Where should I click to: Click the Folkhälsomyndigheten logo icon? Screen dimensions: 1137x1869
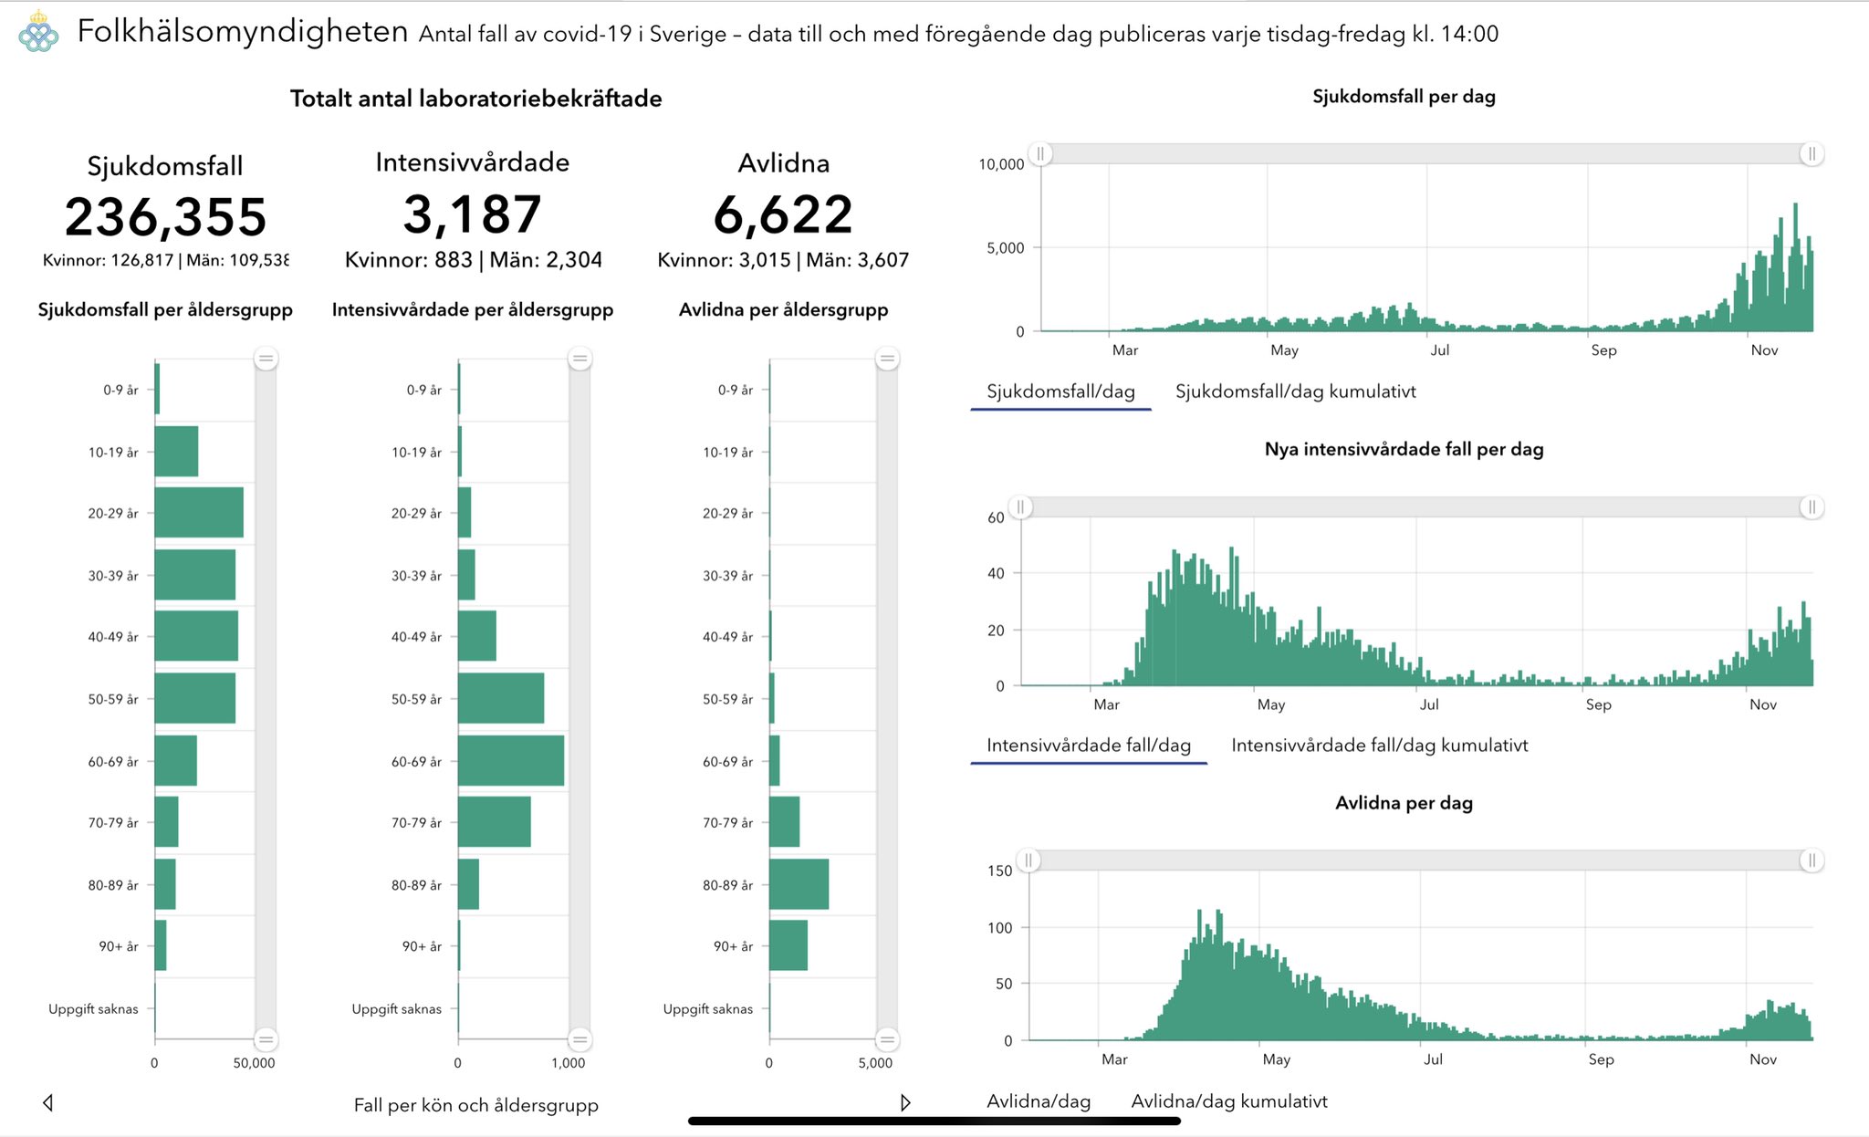point(38,32)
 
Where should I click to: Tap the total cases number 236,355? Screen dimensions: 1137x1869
point(165,217)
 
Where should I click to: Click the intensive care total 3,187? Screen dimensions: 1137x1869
point(473,214)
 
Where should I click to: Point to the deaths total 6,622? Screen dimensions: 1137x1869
point(783,215)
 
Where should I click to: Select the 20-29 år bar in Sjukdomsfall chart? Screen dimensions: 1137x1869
point(199,513)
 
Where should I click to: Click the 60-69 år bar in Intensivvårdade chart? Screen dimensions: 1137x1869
point(511,761)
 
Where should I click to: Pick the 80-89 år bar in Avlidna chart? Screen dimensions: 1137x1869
point(799,884)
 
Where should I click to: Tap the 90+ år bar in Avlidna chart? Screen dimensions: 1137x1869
point(788,945)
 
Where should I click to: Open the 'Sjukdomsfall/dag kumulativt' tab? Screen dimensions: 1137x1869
point(1295,391)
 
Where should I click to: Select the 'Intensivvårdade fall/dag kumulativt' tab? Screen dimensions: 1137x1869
point(1379,746)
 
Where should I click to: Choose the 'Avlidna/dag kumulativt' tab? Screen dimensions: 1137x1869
point(1228,1101)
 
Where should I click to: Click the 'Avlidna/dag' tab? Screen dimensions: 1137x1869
point(1039,1101)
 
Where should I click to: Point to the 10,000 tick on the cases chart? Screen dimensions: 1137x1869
point(1001,164)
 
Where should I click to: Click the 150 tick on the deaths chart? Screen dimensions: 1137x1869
point(1000,871)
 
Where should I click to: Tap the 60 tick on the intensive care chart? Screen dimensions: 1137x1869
point(996,517)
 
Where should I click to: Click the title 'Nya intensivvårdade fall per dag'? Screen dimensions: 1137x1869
point(1404,449)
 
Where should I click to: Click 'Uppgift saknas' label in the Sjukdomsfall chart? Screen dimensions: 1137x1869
point(93,1008)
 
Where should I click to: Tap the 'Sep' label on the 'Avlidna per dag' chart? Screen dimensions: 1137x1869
point(1601,1059)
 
